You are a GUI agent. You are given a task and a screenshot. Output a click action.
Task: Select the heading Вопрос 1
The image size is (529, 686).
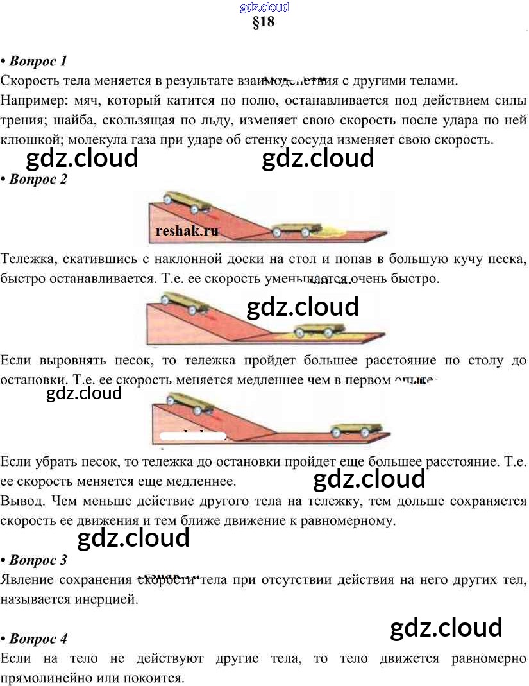click(38, 62)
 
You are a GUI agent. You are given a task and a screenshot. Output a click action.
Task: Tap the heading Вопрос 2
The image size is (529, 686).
click(38, 179)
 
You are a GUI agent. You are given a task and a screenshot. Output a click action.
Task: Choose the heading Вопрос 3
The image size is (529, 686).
click(38, 560)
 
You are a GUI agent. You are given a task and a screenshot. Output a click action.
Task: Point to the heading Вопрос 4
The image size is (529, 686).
click(38, 639)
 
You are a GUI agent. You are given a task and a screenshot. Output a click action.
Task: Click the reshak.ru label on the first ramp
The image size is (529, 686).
click(187, 231)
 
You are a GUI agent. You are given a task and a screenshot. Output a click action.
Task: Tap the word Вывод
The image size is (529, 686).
click(21, 501)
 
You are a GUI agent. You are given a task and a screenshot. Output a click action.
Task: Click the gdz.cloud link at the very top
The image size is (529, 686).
click(264, 7)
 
